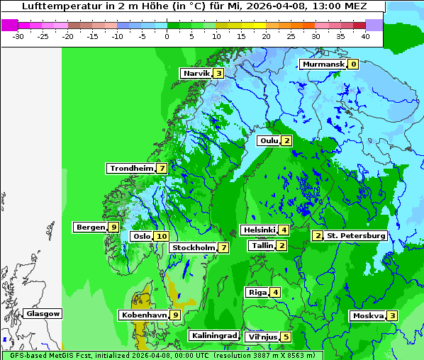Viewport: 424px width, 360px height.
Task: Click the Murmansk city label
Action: point(323,64)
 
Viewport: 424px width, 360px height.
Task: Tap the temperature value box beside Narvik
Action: point(219,73)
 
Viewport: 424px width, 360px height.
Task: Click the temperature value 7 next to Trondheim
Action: point(162,169)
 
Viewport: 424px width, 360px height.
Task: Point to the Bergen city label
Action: point(91,227)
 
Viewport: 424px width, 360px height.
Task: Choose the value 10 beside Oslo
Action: point(162,237)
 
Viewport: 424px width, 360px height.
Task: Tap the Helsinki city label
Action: point(259,230)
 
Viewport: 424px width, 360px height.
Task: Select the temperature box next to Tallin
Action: point(282,246)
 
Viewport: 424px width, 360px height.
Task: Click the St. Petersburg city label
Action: point(356,235)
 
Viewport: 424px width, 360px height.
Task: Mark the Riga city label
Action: point(257,293)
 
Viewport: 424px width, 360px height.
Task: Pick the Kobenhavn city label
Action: point(144,315)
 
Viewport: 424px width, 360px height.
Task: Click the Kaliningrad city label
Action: point(213,335)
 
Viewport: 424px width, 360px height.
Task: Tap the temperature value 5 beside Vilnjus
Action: point(286,337)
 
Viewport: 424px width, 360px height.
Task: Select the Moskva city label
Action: point(368,315)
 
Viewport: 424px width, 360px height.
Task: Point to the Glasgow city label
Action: point(43,314)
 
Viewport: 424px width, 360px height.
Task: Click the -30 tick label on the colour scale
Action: point(19,36)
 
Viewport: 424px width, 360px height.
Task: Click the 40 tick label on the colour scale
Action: point(364,36)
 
